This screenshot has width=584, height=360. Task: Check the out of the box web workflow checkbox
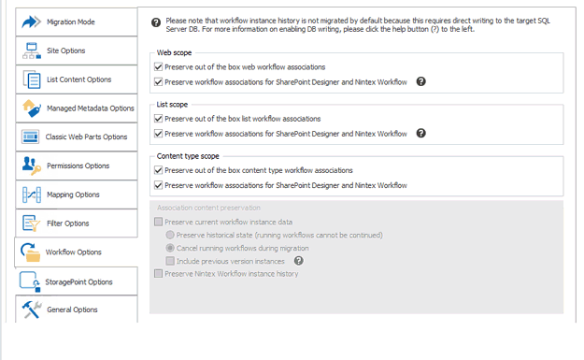(x=159, y=67)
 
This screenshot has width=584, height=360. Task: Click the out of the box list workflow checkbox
(x=159, y=119)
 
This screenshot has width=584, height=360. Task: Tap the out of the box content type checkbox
(x=159, y=170)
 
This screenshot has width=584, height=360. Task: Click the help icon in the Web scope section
(x=421, y=82)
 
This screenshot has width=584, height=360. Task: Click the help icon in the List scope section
(x=421, y=134)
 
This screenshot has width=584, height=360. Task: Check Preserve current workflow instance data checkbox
(x=159, y=222)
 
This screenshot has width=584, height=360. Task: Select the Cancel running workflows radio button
(x=170, y=248)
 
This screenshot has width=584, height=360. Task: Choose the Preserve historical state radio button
(x=170, y=235)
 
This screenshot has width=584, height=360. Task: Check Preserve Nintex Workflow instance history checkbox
(x=159, y=274)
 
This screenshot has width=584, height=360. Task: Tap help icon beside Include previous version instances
(x=299, y=261)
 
